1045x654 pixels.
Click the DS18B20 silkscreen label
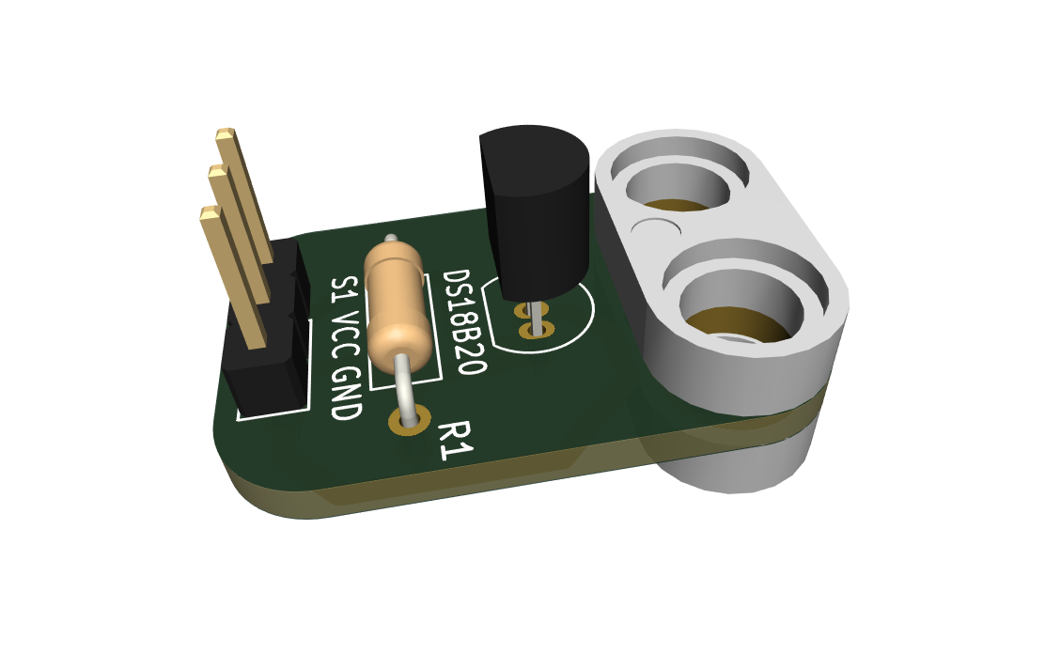tap(464, 322)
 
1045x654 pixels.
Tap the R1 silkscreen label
tap(455, 440)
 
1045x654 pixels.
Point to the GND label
tap(347, 394)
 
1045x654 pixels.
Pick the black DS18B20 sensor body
tap(535, 210)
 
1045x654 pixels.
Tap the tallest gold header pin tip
tap(226, 133)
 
